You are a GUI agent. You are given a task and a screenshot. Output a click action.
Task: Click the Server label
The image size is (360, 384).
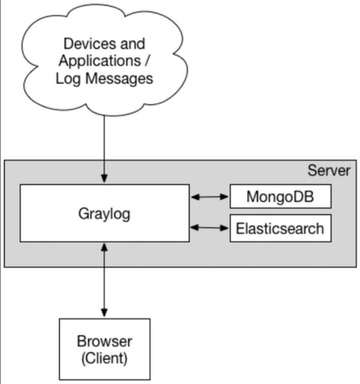coord(329,170)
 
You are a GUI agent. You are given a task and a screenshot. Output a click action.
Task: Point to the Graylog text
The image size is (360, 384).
coord(104,214)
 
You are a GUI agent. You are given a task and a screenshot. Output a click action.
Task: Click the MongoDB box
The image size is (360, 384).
coord(280,197)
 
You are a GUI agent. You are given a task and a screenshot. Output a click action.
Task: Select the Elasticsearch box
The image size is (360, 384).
coord(280,228)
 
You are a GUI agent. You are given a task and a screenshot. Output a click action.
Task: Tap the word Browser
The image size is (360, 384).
coord(104,342)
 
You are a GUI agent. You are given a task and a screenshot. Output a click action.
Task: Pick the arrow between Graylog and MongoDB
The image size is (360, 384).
coord(209,197)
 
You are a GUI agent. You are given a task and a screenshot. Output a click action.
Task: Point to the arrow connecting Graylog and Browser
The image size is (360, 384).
coord(104,281)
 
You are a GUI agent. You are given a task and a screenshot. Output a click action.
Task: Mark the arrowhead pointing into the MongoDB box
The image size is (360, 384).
coord(226,197)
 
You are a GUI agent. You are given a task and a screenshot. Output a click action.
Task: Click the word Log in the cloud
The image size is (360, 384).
coord(65,78)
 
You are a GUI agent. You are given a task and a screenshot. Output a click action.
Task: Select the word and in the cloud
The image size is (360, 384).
coord(132,44)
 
